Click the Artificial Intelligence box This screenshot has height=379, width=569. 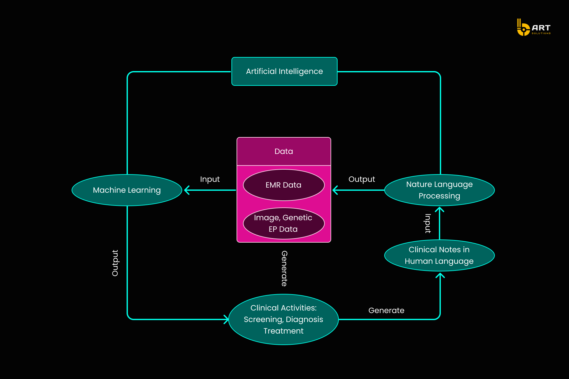(x=284, y=71)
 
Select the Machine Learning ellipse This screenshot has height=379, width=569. (x=127, y=190)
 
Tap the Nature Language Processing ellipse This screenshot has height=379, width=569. (x=439, y=190)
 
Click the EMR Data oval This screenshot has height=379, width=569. (x=284, y=185)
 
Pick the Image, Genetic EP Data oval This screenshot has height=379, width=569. (x=284, y=223)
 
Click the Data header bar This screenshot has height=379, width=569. (x=284, y=151)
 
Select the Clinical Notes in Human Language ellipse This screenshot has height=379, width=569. (x=439, y=255)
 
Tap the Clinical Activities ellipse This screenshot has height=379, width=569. (x=284, y=319)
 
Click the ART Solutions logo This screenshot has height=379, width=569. (x=534, y=28)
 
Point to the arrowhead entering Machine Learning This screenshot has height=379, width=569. (x=187, y=190)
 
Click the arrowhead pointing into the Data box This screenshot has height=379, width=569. (x=335, y=190)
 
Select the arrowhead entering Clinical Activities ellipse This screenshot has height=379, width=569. (x=226, y=319)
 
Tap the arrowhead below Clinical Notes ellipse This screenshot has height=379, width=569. (x=440, y=275)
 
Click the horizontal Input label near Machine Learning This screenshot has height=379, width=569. (x=210, y=179)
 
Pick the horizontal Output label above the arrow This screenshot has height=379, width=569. (x=362, y=179)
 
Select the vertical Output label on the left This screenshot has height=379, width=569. (x=115, y=263)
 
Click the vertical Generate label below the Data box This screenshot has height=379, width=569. (x=284, y=268)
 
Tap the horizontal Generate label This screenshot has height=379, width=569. (x=386, y=310)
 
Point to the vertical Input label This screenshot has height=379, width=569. (x=428, y=223)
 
